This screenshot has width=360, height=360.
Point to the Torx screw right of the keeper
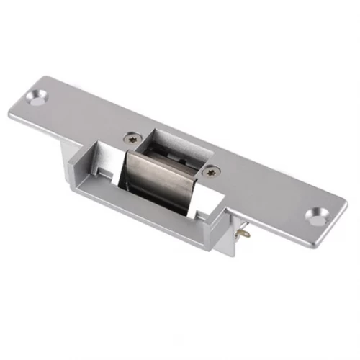pos(210,171)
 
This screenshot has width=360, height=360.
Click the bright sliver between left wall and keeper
pos(122,173)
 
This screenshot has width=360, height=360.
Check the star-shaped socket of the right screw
pos(210,171)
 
